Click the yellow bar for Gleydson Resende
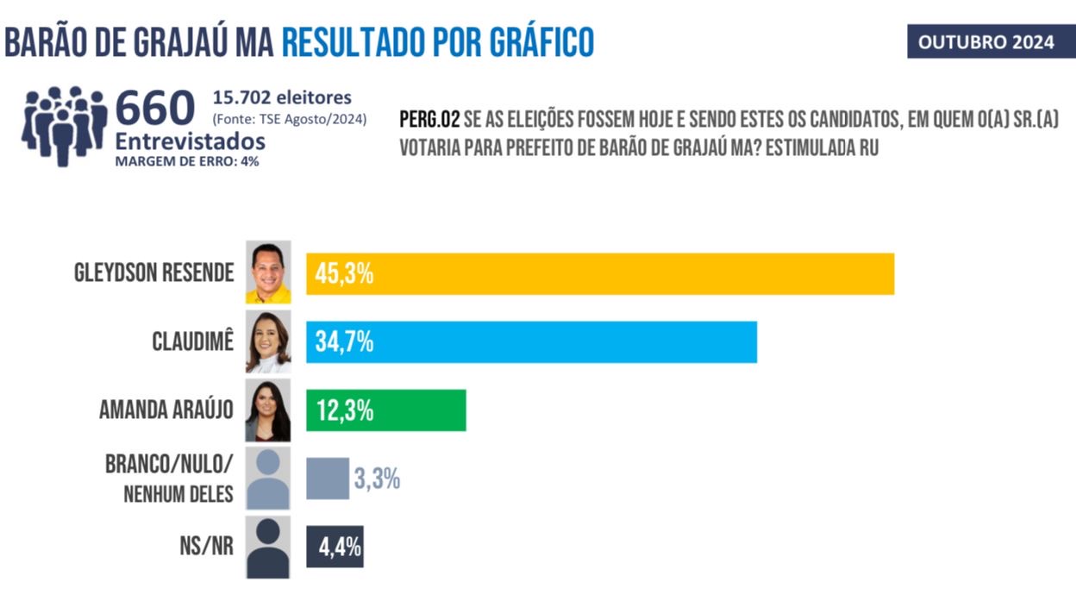600,274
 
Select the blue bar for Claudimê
531,342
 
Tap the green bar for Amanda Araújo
385,410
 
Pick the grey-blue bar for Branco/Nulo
328,479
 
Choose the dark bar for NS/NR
335,547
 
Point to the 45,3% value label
343,275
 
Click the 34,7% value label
343,342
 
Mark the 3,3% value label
377,479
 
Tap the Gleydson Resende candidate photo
268,272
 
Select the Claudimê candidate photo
268,341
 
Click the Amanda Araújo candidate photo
268,410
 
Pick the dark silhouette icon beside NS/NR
268,548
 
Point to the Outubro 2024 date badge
985,42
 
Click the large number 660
155,109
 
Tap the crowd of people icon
63,125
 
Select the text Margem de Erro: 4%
187,161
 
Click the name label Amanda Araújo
166,410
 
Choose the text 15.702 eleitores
282,97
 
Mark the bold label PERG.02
429,120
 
